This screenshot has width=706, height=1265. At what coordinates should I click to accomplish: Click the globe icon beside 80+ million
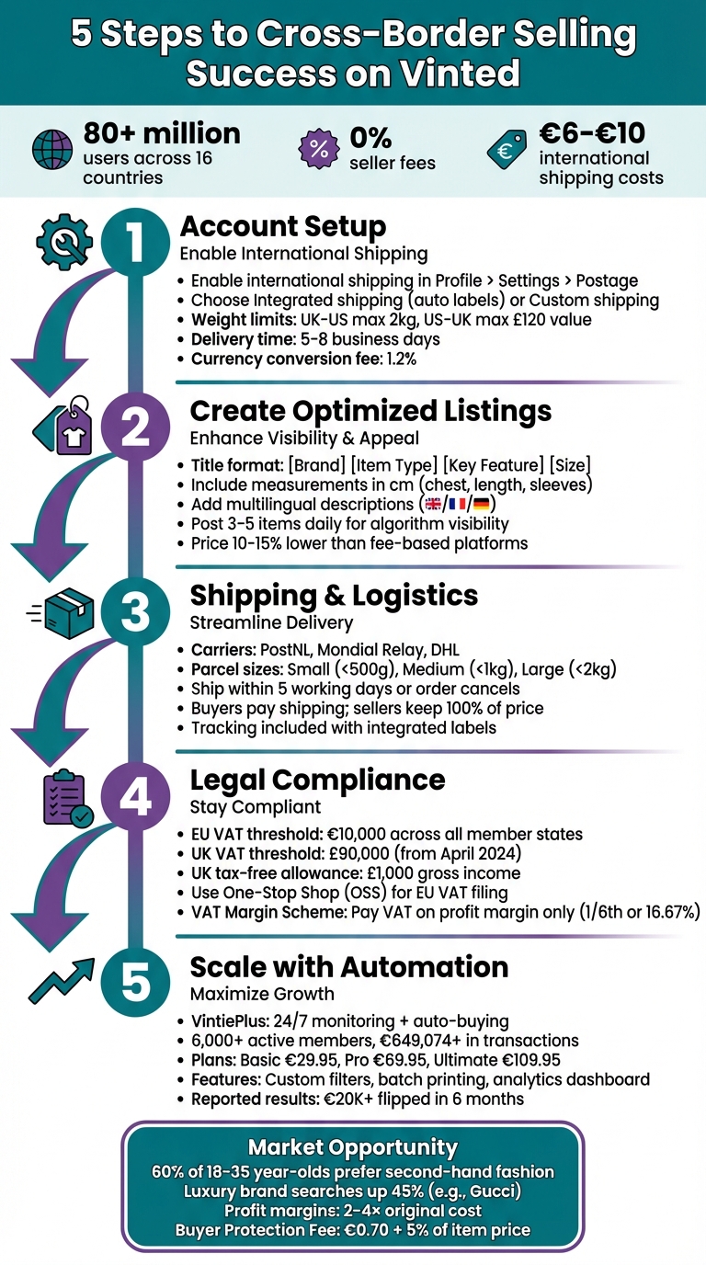coord(52,150)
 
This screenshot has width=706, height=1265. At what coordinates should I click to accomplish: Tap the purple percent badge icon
coord(319,149)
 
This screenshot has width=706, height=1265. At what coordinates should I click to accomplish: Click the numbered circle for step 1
coord(135,242)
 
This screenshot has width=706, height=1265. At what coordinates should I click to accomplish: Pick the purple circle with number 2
coord(135,427)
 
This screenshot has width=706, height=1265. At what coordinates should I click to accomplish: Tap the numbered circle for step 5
coord(135,982)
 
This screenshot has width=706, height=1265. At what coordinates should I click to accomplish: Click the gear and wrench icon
coord(63,242)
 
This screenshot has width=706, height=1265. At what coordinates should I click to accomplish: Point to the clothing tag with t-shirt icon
coord(63,426)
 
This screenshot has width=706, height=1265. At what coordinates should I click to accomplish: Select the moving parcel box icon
coord(61,612)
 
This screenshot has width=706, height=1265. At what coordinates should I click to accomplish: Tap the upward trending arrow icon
coord(62,981)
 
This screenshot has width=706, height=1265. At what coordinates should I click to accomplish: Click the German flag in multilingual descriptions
coord(481,504)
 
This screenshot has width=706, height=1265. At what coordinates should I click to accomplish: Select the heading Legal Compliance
coord(317,780)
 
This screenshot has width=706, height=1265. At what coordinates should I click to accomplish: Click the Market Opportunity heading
coord(352,1147)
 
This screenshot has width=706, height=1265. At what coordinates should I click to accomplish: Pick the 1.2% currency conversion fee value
coord(401,359)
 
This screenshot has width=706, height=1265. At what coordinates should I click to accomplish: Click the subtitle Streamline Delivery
coord(271,623)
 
